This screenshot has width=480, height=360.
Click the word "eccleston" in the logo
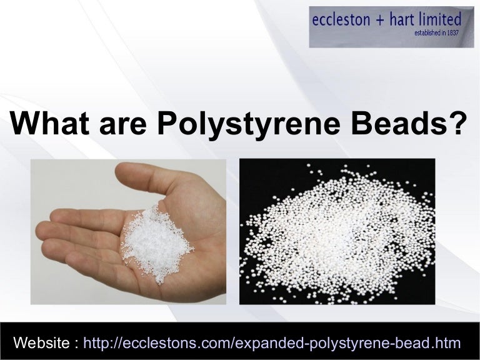point(342,21)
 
